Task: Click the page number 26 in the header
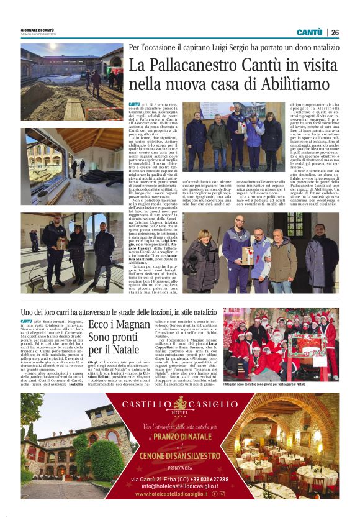pyautogui.click(x=335, y=32)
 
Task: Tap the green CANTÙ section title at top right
pyautogui.click(x=308, y=32)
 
